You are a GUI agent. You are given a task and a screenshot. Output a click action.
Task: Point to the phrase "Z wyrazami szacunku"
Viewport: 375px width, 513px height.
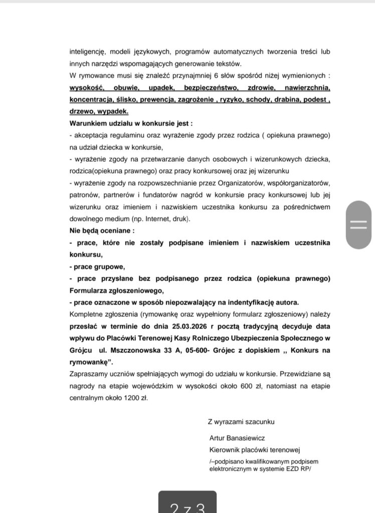pyautogui.click(x=241, y=422)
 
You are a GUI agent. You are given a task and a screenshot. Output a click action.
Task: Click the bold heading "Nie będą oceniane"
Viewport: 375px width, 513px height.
pyautogui.click(x=100, y=231)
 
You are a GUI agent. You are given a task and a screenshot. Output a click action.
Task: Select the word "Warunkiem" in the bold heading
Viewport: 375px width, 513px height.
pyautogui.click(x=88, y=123)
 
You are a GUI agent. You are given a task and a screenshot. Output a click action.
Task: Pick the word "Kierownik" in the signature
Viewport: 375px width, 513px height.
pyautogui.click(x=226, y=449)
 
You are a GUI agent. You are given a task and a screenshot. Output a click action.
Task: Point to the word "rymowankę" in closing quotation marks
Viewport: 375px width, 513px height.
pyautogui.click(x=88, y=363)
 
